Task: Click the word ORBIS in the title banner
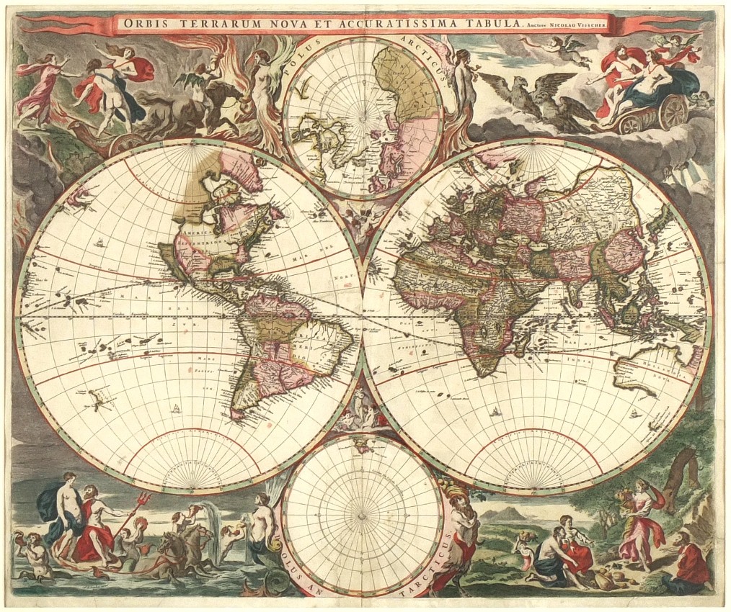pyautogui.click(x=147, y=22)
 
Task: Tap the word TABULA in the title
pyautogui.click(x=495, y=23)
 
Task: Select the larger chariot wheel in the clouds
pyautogui.click(x=673, y=112)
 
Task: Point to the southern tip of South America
pyautogui.click(x=236, y=415)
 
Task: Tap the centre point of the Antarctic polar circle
pyautogui.click(x=363, y=515)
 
